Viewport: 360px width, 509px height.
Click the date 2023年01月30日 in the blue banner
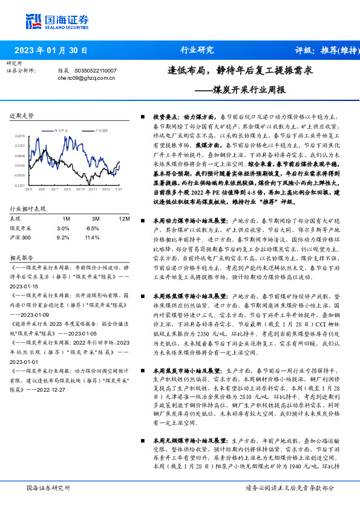pyautogui.click(x=51, y=50)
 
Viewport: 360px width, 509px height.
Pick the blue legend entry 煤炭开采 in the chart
pyautogui.click(x=62, y=130)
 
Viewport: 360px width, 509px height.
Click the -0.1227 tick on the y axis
pyautogui.click(x=20, y=186)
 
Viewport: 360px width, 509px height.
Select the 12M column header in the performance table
pyautogui.click(x=124, y=218)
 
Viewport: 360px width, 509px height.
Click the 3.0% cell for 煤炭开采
pyautogui.click(x=63, y=228)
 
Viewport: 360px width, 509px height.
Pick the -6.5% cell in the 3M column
pyautogui.click(x=93, y=228)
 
